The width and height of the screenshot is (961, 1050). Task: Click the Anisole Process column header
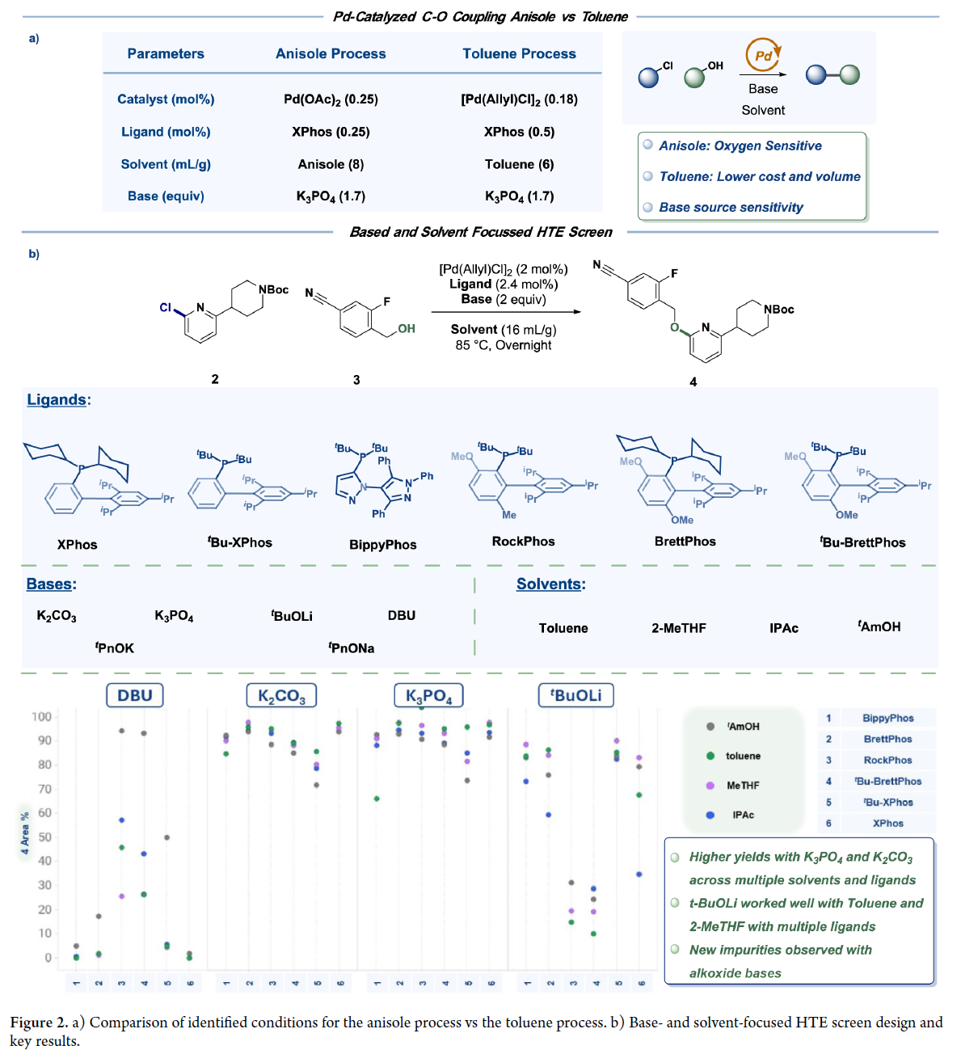[x=331, y=53]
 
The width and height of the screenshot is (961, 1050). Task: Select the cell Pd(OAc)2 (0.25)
[x=331, y=99]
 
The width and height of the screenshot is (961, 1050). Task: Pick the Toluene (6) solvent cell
[x=519, y=164]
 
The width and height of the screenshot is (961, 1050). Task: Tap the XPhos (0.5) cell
[x=519, y=132]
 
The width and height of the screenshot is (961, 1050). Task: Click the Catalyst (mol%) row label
[x=166, y=99]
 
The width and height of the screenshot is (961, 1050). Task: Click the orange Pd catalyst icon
[x=763, y=56]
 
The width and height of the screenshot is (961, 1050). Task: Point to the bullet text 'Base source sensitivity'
[x=731, y=208]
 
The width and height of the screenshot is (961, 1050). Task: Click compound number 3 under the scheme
[x=356, y=380]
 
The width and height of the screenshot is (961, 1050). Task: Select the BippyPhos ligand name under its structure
[x=383, y=545]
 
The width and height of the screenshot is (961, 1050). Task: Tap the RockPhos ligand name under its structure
[x=524, y=542]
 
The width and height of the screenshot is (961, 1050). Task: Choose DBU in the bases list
[x=402, y=616]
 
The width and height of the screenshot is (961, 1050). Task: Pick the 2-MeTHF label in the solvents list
[x=679, y=628]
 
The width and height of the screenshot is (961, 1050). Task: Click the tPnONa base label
[x=352, y=648]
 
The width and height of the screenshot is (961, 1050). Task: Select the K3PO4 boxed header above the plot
[x=428, y=696]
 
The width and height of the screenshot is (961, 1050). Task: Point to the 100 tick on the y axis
[x=41, y=717]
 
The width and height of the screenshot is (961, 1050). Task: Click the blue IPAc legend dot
[x=710, y=815]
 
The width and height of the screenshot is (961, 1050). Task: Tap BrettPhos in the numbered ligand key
[x=887, y=739]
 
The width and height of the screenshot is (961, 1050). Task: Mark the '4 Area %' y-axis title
[x=25, y=833]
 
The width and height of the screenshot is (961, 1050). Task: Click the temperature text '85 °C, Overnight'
[x=504, y=345]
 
